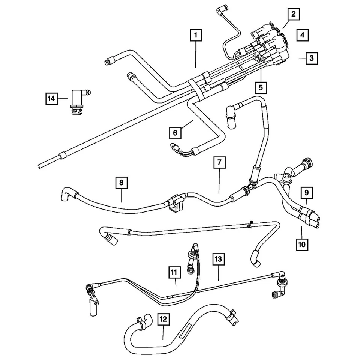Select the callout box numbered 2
[294, 15]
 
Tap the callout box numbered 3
[312, 58]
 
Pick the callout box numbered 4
[302, 35]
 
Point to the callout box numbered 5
[261, 87]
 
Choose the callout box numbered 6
[175, 132]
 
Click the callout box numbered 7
[219, 163]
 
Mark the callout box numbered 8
[121, 183]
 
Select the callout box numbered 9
[306, 193]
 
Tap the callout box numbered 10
[302, 244]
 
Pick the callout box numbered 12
[163, 319]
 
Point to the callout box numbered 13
[219, 258]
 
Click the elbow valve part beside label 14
[77, 100]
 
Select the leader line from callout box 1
[196, 54]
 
